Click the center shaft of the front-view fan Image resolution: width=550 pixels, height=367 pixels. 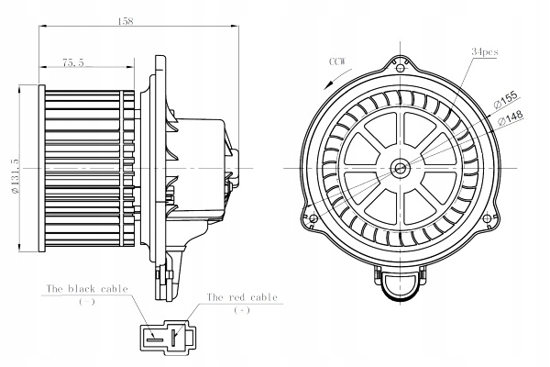click(400, 168)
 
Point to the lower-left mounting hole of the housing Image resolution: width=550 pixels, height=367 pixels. click(313, 218)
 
